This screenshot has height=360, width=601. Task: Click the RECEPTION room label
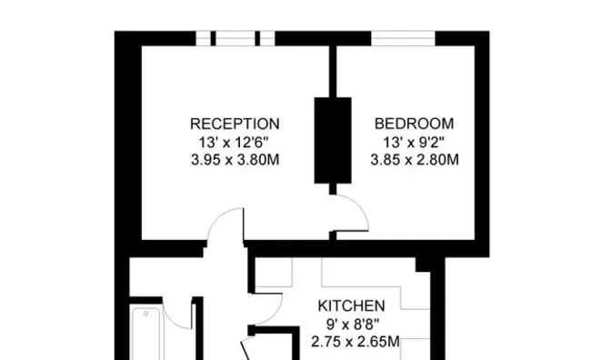coord(235,125)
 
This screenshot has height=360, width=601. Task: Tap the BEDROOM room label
coord(414,124)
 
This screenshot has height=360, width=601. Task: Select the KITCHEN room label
coord(352,306)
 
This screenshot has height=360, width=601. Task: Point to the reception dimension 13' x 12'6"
coord(234,142)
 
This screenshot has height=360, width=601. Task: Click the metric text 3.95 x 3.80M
coord(235,159)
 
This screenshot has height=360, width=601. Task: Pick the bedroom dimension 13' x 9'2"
coord(414,143)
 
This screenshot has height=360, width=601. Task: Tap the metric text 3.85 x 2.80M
coord(415,159)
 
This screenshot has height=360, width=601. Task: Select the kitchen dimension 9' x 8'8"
coord(353,325)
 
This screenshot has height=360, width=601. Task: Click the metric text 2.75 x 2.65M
coord(356,341)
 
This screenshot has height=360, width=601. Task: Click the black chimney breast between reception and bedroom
coord(333,140)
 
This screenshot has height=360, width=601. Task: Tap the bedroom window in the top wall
coord(403,38)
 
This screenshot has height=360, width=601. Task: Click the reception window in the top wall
coord(235,38)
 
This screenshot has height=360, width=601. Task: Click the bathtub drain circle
coord(145,314)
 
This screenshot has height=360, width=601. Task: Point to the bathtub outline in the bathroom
coord(132,333)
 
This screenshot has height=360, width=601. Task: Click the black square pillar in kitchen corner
coord(423,265)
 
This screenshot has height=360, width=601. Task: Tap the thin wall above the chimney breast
coord(333,72)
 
